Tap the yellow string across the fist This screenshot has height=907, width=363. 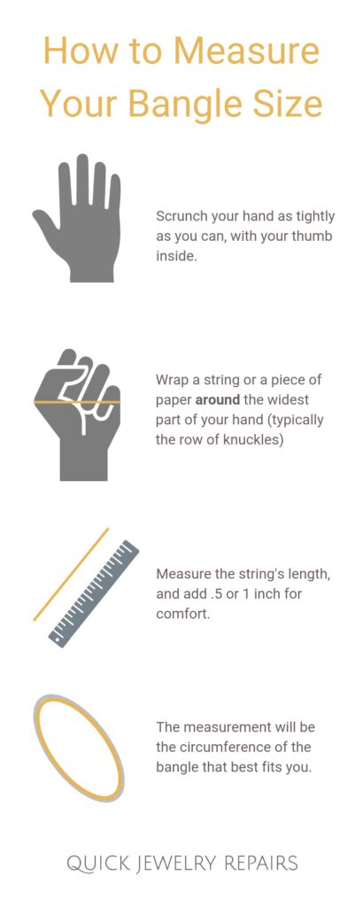pos(77,402)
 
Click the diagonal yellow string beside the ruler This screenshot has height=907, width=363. pos(71,574)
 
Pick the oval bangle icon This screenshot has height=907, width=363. pos(78,748)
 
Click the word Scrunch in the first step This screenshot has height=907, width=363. pos(182,216)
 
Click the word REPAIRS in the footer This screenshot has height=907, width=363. pos(257,863)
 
